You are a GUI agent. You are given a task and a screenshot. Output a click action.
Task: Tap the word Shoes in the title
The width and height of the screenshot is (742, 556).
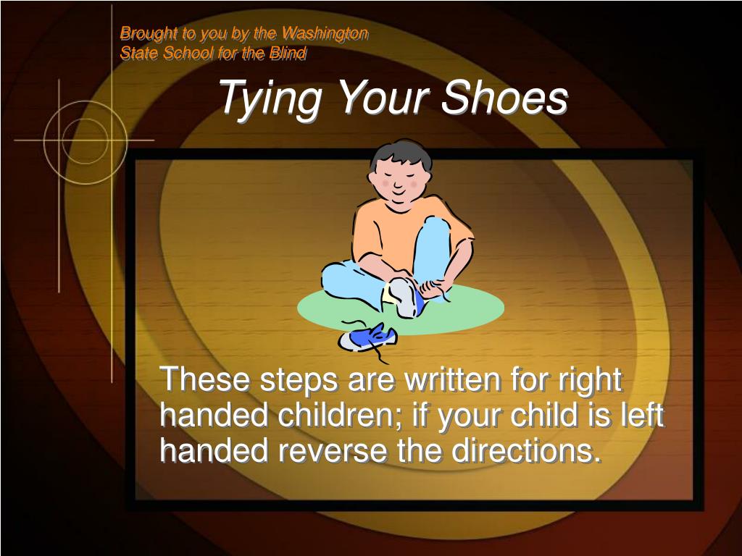(504, 96)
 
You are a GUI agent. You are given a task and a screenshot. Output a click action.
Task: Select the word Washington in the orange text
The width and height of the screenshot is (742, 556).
(325, 33)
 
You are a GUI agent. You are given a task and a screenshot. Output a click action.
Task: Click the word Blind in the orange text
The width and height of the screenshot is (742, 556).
(288, 52)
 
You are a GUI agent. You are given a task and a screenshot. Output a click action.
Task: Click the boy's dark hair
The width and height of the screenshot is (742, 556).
(401, 153)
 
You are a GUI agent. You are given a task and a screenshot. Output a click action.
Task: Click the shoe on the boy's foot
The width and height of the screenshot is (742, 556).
(404, 297)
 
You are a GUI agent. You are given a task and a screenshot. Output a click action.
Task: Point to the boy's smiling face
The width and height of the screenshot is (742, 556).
(400, 182)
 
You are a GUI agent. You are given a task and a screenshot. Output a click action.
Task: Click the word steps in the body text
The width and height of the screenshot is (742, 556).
(299, 381)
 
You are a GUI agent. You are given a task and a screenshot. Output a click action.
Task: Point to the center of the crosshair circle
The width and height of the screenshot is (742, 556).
(86, 140)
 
